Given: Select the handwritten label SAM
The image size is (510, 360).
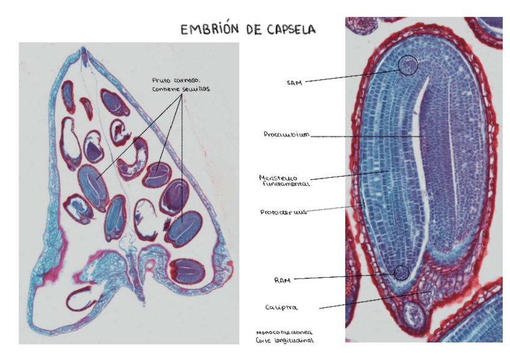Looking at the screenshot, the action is pos(293,82).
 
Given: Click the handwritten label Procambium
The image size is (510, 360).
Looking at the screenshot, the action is pos(286,135).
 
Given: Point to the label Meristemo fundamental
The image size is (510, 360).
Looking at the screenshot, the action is pos(283,181).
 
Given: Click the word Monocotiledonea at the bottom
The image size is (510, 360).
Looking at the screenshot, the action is pos(283,332).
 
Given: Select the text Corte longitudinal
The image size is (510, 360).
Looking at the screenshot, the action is pos(284,340).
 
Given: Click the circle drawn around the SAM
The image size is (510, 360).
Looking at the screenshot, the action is pos(408,64).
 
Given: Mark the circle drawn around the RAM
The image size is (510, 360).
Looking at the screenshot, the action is pos(402,272).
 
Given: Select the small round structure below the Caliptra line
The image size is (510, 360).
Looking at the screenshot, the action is pos(413,314).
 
